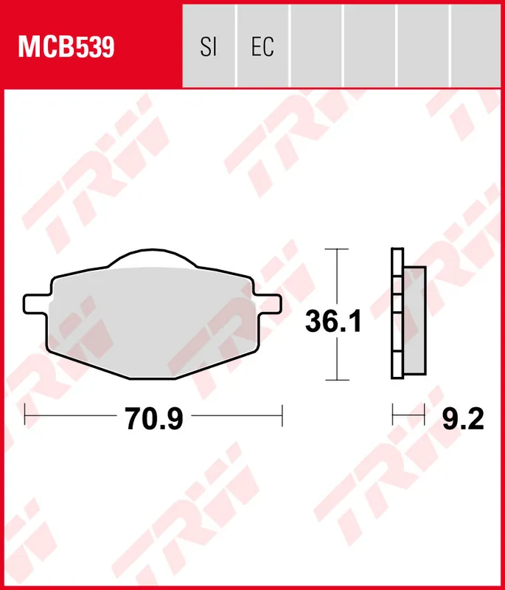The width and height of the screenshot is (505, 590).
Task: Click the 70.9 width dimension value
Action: coord(153,419)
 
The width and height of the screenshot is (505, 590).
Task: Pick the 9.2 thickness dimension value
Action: coord(463,419)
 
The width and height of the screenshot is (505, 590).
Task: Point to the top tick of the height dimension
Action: coord(336,249)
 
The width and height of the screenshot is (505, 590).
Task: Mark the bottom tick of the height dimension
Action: coord(336,381)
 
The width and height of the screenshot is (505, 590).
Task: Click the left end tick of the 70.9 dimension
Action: coord(25,414)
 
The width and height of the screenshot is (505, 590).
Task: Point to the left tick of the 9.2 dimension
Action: coord(392,414)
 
